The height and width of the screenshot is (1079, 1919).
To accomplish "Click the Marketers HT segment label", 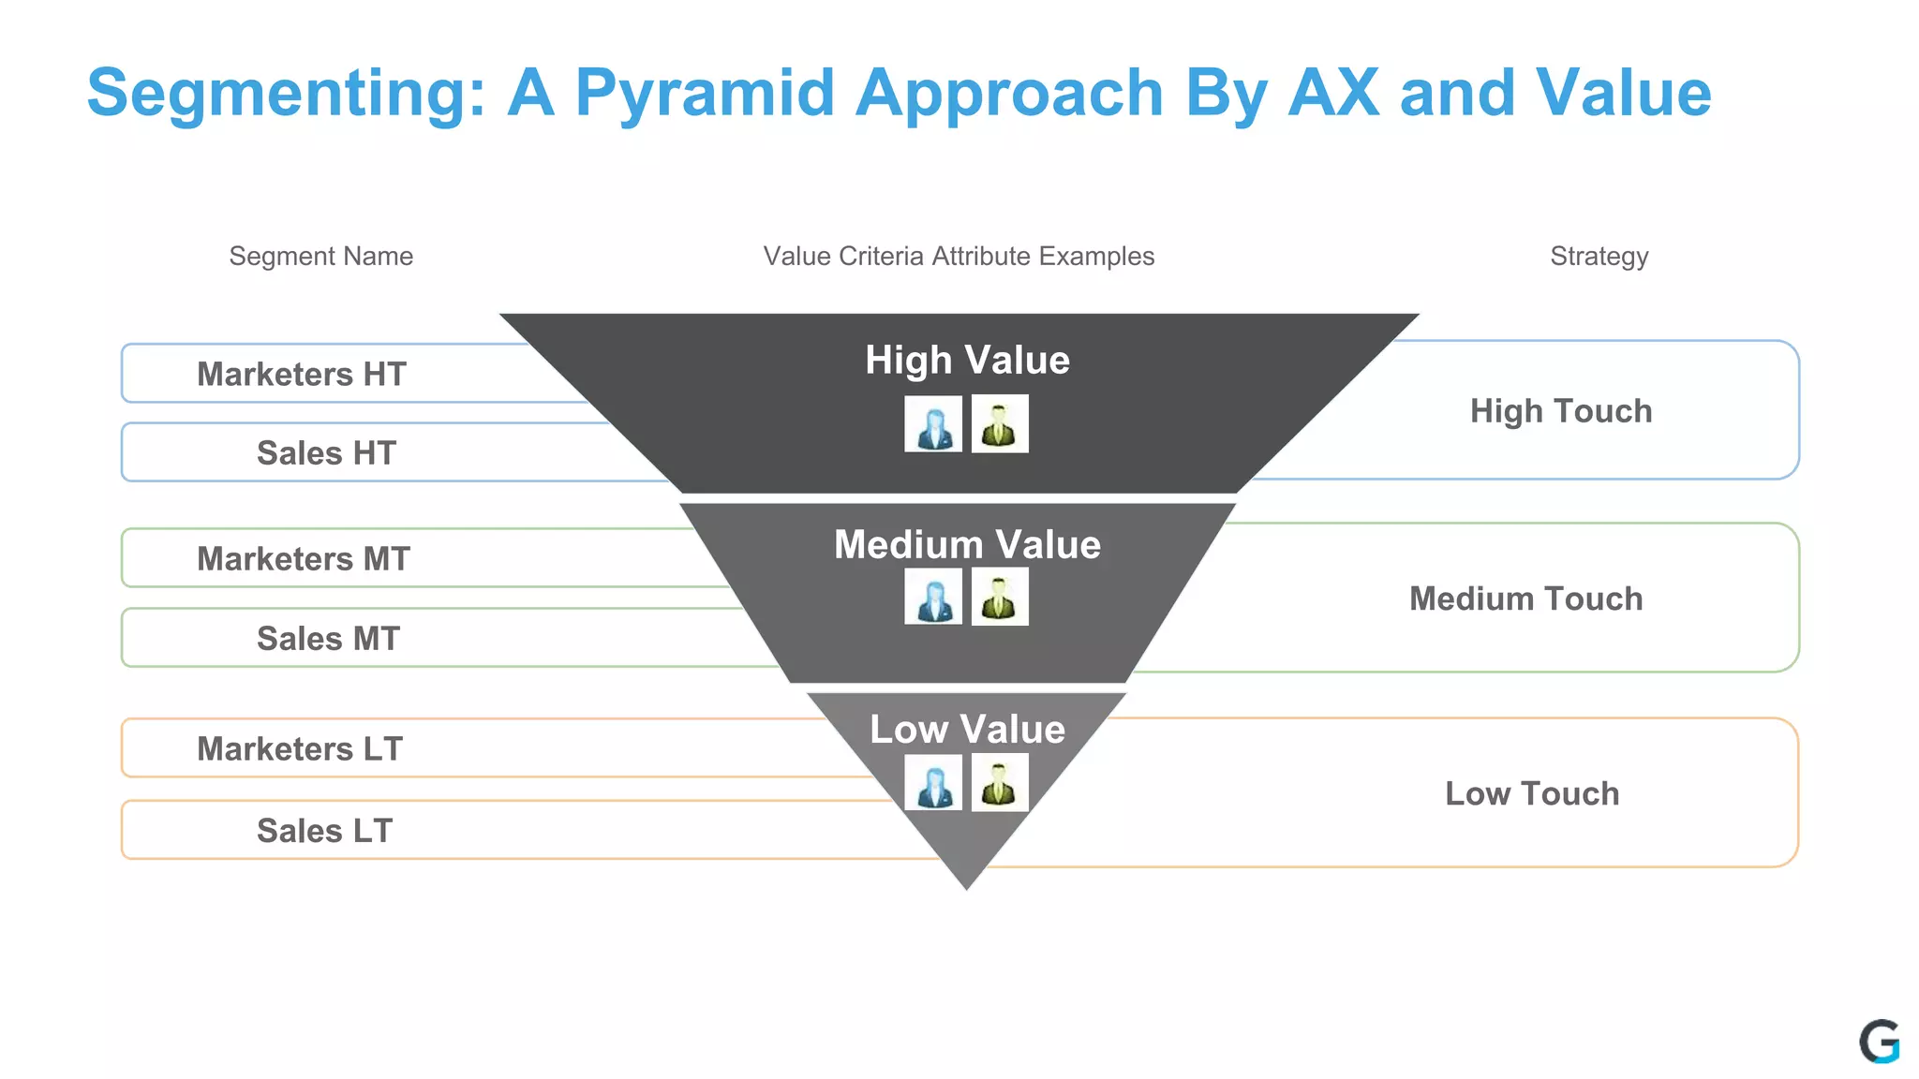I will pyautogui.click(x=301, y=374).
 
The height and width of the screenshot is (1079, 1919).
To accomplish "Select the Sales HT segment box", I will pyautogui.click(x=326, y=452).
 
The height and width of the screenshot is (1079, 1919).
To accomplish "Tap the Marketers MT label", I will pyautogui.click(x=303, y=558).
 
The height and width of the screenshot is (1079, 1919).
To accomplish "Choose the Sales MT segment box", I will pyautogui.click(x=328, y=638).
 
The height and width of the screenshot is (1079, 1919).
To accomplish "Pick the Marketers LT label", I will pyautogui.click(x=299, y=748).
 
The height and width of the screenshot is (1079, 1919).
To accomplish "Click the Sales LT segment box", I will pyautogui.click(x=324, y=830).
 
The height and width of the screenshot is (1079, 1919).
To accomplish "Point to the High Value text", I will pyautogui.click(x=967, y=360).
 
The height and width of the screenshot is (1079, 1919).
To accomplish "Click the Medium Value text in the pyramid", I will pyautogui.click(x=967, y=544).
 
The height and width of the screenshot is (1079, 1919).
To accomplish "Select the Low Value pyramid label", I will pyautogui.click(x=967, y=729).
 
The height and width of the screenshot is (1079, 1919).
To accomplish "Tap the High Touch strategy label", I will pyautogui.click(x=1560, y=410).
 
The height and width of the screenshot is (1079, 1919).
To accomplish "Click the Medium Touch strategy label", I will pyautogui.click(x=1525, y=598).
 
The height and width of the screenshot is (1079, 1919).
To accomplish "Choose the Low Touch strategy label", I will pyautogui.click(x=1531, y=792).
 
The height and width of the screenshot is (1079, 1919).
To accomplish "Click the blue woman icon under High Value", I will pyautogui.click(x=933, y=424).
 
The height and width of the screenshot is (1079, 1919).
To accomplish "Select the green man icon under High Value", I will pyautogui.click(x=1000, y=424).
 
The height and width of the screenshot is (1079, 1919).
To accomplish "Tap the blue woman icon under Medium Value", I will pyautogui.click(x=933, y=597).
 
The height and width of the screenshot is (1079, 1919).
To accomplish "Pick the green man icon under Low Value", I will pyautogui.click(x=1000, y=782).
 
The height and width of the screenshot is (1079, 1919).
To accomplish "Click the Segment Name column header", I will pyautogui.click(x=320, y=256).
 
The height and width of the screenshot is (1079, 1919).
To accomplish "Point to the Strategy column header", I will pyautogui.click(x=1599, y=256).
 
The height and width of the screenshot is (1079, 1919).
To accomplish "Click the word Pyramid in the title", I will pyautogui.click(x=704, y=93).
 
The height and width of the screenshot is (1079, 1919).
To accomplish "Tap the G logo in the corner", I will pyautogui.click(x=1879, y=1042).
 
